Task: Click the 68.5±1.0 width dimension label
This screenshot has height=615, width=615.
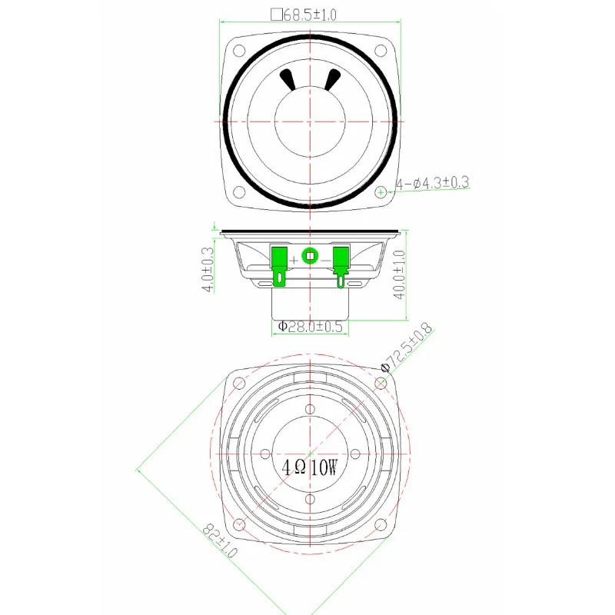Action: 310,15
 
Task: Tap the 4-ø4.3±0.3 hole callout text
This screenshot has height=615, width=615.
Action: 432,183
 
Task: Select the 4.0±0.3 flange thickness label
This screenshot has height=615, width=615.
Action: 208,270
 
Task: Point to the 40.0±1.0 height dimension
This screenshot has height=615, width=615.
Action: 399,274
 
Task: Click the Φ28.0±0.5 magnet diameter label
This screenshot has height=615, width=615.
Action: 310,326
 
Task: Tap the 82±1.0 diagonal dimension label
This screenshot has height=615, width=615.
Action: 220,541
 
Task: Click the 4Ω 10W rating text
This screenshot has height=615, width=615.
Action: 310,467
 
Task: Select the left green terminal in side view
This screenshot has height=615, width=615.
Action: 279,266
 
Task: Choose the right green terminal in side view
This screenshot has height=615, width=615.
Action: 341,267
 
